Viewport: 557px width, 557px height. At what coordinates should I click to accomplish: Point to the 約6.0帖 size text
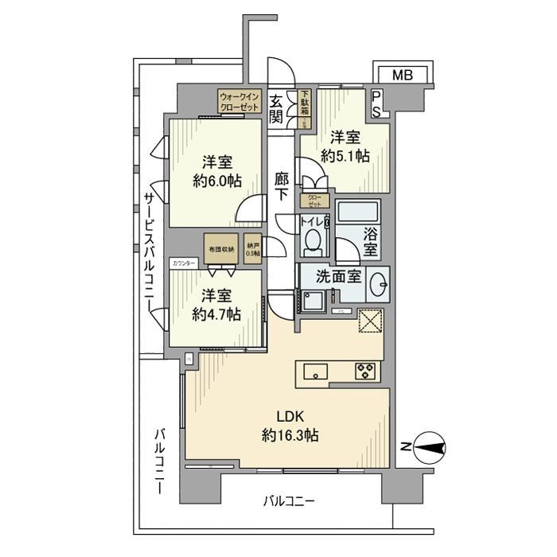[x=212, y=180]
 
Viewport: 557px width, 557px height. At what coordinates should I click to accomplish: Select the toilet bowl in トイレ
[x=314, y=239]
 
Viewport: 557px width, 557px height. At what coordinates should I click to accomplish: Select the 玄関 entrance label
[x=276, y=109]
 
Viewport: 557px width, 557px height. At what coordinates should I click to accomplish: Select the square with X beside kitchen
[x=370, y=321]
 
